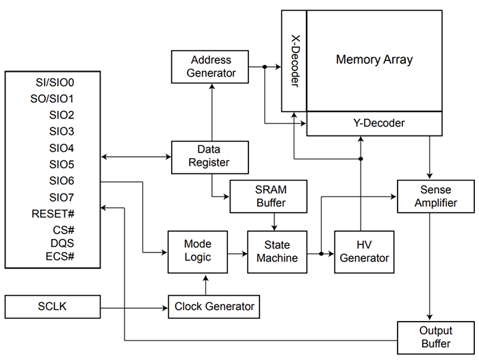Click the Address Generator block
(x=212, y=66)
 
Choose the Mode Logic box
(x=198, y=251)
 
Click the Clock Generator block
(x=214, y=306)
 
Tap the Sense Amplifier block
(x=435, y=196)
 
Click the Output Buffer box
(x=435, y=338)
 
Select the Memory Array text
(x=374, y=60)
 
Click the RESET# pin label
(x=53, y=213)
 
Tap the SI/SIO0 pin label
(x=55, y=82)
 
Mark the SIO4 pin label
(x=62, y=148)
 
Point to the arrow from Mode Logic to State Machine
(x=237, y=253)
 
